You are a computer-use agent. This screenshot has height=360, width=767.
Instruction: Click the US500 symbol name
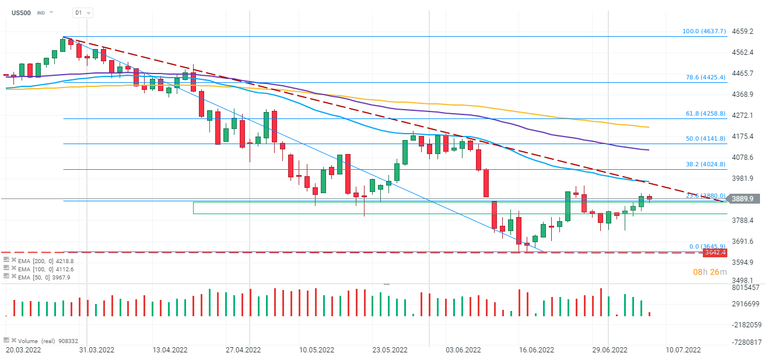pos(22,12)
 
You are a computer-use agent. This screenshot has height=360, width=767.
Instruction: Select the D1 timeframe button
pos(78,12)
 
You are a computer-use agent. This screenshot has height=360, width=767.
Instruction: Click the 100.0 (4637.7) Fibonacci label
pos(705,32)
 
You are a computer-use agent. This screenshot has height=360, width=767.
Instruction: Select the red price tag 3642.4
pos(715,253)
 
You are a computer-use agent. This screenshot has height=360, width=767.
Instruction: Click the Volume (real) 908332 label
pos(48,341)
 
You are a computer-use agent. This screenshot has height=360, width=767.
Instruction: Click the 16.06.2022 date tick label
pos(535,350)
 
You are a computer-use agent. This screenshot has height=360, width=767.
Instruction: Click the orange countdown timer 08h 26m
pos(710,272)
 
